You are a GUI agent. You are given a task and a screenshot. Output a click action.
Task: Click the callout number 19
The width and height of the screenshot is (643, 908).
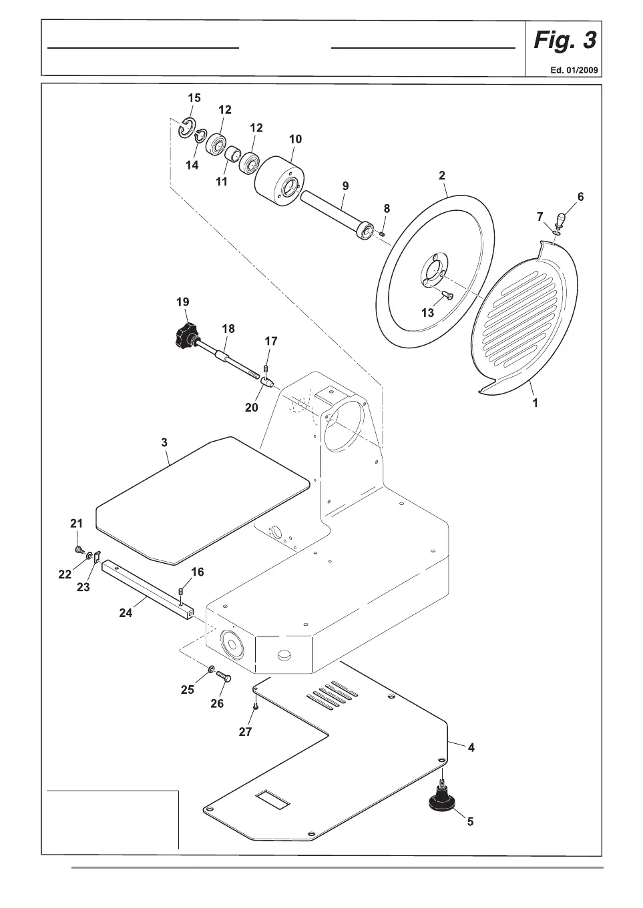[x=183, y=302]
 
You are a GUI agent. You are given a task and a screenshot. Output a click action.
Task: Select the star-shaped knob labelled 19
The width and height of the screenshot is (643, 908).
[x=182, y=334]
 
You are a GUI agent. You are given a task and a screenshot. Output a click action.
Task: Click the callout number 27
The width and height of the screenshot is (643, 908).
[x=246, y=732]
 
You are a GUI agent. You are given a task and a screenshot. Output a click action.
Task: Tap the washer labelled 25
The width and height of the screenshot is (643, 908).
[x=210, y=668]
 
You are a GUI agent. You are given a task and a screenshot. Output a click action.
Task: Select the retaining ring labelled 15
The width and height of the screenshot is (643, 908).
[x=185, y=129]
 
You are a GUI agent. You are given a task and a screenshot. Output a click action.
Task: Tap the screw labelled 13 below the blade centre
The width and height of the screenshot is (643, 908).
[x=447, y=295]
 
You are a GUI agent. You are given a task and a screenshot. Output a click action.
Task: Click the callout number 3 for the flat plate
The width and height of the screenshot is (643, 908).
[x=164, y=442]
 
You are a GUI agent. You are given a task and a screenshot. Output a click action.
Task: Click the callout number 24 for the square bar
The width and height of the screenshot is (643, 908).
[x=126, y=613]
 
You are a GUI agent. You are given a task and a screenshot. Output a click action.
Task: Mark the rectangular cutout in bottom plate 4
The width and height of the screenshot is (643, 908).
[x=273, y=799]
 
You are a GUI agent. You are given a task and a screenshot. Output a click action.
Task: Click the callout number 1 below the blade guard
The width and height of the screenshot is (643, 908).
[x=535, y=404]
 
